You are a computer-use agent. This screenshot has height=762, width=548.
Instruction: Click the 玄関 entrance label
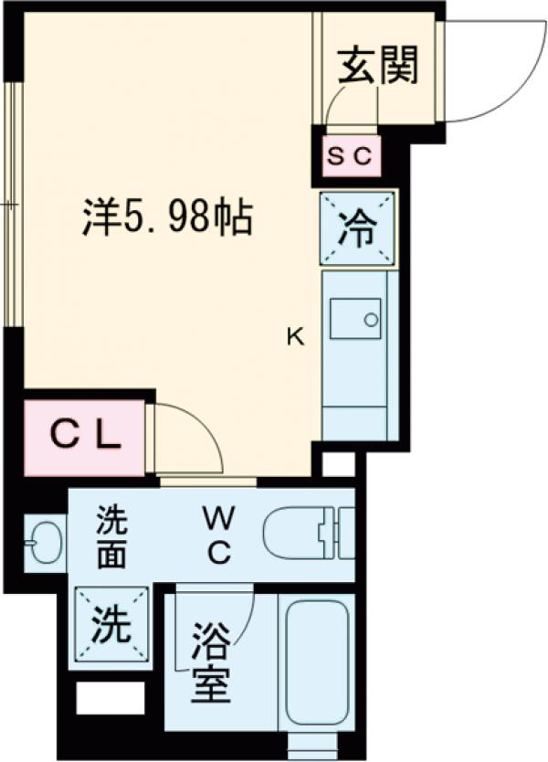coord(378,66)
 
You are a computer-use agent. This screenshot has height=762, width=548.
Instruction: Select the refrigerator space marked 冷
coord(358,229)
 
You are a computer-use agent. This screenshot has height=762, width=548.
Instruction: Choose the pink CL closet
coord(85,436)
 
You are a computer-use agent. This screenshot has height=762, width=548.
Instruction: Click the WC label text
coord(218,535)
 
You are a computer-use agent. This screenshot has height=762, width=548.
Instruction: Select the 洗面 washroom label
coord(113,540)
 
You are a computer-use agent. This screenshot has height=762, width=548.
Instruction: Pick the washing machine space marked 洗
coord(110,627)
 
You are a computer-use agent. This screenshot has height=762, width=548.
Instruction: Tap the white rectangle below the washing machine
coord(110,698)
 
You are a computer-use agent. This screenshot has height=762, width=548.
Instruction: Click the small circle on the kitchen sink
coord(371,320)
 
